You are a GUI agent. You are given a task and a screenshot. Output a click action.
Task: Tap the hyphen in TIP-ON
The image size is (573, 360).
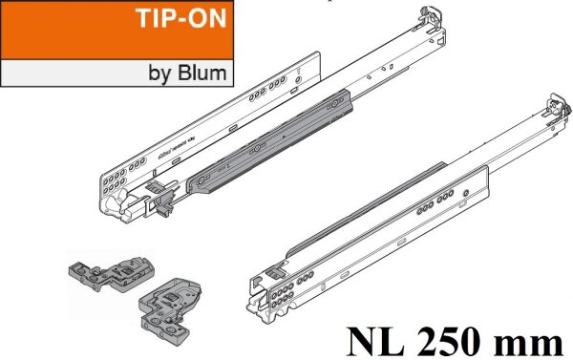185,23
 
